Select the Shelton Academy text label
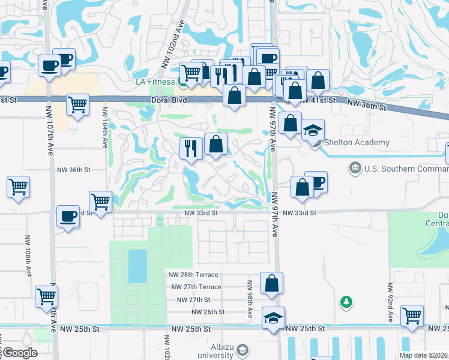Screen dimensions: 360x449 click(x=357, y=142)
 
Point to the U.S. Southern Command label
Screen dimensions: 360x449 click(x=407, y=169)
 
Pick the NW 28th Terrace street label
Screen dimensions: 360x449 click(x=194, y=274)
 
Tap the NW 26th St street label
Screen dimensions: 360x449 click(x=208, y=312)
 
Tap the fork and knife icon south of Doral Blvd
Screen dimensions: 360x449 click(x=191, y=148)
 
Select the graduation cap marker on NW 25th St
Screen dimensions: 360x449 click(x=273, y=317)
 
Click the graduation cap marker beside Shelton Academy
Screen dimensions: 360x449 click(x=313, y=130)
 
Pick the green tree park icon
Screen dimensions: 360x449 click(x=346, y=301)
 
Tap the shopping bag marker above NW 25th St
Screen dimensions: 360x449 click(x=271, y=283)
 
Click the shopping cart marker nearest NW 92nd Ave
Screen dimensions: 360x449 click(x=412, y=316)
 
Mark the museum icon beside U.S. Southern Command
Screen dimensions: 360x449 click(x=355, y=168)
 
